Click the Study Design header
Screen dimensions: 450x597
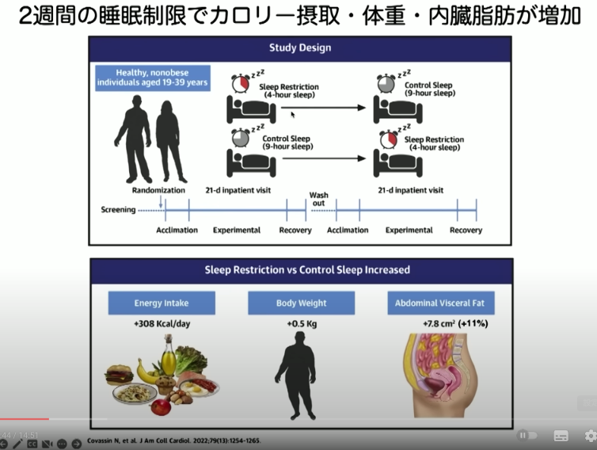[300, 48]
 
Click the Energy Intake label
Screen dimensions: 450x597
[161, 303]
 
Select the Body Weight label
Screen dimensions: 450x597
[301, 303]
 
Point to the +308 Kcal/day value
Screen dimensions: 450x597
[160, 323]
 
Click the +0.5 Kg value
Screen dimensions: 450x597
[301, 323]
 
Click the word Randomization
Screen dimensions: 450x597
[158, 190]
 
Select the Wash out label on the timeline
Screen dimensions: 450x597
[318, 198]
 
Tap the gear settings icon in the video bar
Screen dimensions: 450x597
[590, 435]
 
